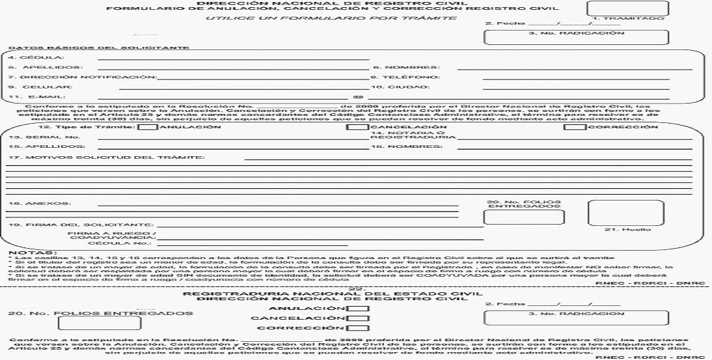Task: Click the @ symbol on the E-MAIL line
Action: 356,97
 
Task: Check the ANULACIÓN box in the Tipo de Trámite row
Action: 148,128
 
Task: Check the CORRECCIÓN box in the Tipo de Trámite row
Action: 574,128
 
